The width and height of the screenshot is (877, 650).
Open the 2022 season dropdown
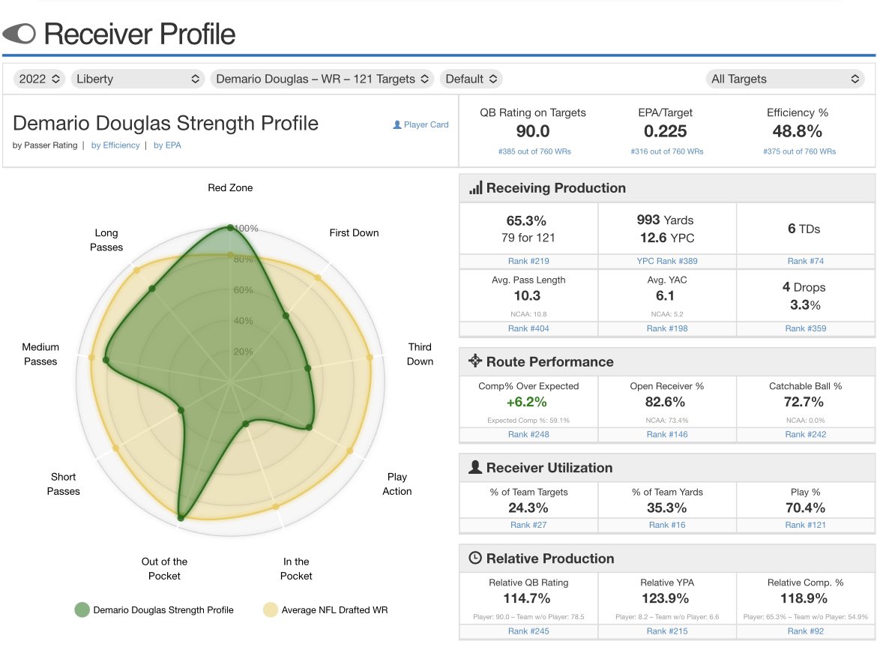click(39, 79)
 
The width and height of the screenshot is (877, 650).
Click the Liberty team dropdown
click(138, 79)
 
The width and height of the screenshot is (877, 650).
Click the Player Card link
click(421, 124)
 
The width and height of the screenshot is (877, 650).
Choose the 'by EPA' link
click(167, 145)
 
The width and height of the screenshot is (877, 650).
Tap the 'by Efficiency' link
click(115, 145)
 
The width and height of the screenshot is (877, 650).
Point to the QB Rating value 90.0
click(533, 132)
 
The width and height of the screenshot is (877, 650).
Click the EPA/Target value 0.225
click(666, 132)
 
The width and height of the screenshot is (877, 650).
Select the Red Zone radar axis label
click(230, 188)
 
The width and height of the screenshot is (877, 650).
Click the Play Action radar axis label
click(397, 484)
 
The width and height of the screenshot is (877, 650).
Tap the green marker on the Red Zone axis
click(230, 227)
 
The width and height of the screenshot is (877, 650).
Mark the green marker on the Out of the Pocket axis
click(181, 517)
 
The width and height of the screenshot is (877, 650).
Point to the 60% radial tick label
click(244, 290)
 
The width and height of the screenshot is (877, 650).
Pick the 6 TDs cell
click(804, 229)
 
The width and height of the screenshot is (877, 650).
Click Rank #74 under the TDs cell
click(804, 261)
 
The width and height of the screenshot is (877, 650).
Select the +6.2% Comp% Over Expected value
click(528, 403)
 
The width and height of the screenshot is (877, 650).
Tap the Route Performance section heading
click(549, 361)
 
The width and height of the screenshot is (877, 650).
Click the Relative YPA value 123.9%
click(666, 599)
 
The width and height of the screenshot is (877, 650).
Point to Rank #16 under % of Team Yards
click(666, 525)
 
